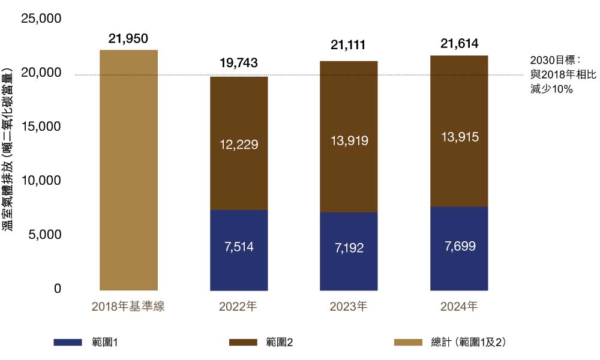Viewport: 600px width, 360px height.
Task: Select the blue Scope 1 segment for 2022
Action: click(x=239, y=250)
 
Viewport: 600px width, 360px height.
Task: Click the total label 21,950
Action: click(x=128, y=39)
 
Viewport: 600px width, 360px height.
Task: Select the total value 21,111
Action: click(x=349, y=45)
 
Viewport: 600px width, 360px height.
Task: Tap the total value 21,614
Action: click(x=459, y=43)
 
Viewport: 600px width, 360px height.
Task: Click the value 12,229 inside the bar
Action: click(x=239, y=145)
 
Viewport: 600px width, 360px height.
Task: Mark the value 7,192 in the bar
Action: click(x=349, y=247)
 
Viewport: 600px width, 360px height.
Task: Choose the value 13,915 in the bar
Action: click(x=459, y=137)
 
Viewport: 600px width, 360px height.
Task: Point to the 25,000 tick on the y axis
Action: click(x=41, y=19)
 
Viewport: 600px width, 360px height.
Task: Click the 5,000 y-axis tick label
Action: click(x=45, y=235)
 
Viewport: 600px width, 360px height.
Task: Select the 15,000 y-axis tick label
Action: click(x=41, y=127)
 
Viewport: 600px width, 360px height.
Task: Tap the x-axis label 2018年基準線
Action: click(x=128, y=307)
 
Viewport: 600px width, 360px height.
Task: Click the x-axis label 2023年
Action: click(x=349, y=307)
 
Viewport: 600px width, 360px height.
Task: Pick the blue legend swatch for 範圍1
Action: click(x=68, y=342)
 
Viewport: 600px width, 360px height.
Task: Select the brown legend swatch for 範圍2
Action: click(x=244, y=342)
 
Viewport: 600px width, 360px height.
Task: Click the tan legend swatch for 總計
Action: click(x=408, y=342)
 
